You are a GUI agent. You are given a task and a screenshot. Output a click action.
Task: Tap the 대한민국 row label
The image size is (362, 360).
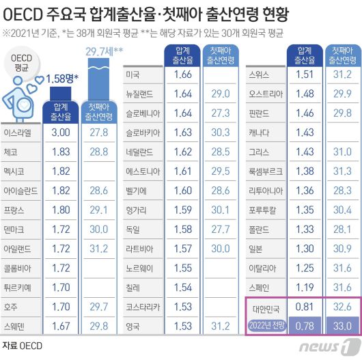tap(266, 308)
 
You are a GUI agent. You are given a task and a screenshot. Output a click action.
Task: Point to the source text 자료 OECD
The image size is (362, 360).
tap(23, 346)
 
